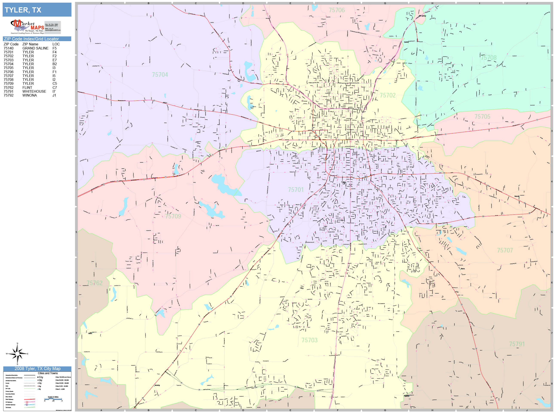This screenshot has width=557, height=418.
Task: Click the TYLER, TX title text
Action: click(23, 10)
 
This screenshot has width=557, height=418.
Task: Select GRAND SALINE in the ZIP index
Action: click(35, 48)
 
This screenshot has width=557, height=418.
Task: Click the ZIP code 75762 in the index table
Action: click(9, 88)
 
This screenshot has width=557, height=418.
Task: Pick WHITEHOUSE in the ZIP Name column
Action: click(34, 91)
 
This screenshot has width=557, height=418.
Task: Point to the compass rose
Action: click(17, 354)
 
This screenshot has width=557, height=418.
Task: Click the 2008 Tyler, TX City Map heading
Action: click(37, 369)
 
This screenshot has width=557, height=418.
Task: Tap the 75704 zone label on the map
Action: click(160, 75)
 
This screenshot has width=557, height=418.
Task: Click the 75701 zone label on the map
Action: click(296, 190)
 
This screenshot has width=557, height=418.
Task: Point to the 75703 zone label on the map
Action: click(309, 340)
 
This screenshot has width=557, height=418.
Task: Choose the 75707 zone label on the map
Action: click(505, 250)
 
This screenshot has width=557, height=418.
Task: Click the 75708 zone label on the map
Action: click(488, 58)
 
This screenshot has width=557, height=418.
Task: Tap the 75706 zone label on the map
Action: click(337, 10)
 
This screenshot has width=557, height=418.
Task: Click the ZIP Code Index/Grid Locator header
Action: click(31, 39)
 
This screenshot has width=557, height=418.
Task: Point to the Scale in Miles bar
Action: click(53, 399)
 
